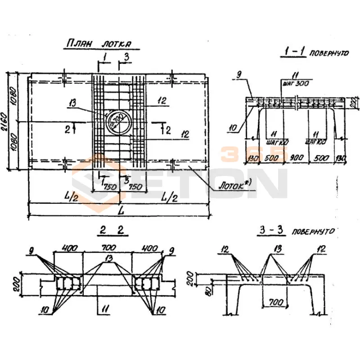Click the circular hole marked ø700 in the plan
(119, 121)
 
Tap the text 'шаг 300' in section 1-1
(293, 83)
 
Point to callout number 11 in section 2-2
(104, 310)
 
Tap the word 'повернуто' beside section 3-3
(313, 232)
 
